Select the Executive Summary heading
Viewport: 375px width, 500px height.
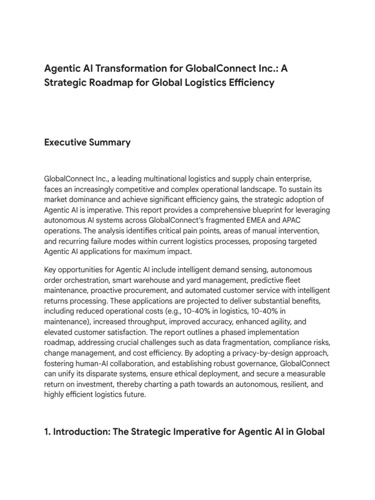(87, 143)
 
